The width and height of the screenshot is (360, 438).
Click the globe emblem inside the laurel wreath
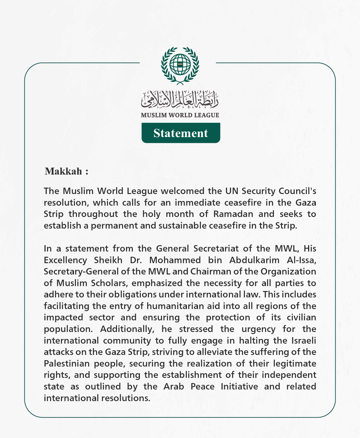[x=180, y=64]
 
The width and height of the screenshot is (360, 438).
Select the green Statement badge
[x=181, y=133]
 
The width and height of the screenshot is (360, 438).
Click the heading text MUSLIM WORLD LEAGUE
[x=180, y=115]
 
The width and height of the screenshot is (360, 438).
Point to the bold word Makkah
[x=64, y=171]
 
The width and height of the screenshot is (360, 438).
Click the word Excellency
[x=65, y=260]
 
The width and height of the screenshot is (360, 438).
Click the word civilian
[x=302, y=317]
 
